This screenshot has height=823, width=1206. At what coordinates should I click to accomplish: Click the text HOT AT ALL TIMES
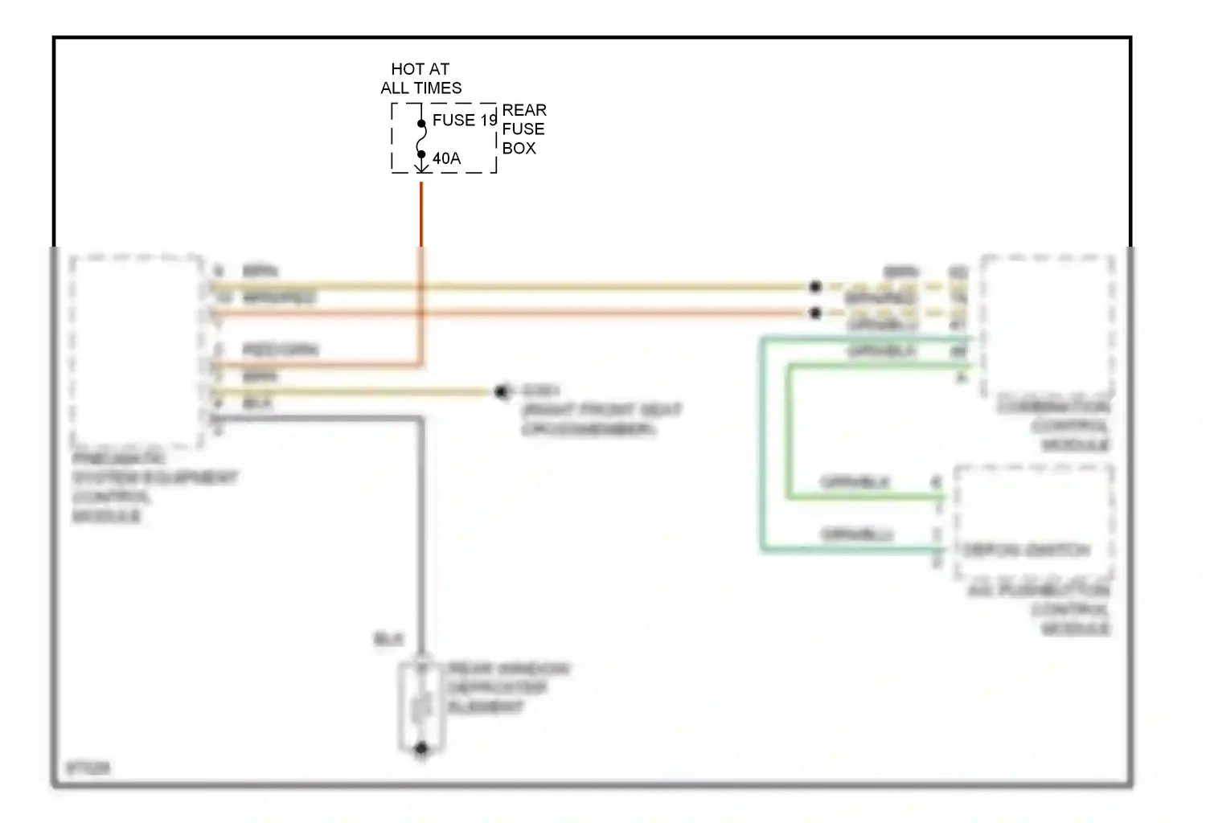(420, 79)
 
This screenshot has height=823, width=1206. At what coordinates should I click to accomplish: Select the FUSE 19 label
(464, 121)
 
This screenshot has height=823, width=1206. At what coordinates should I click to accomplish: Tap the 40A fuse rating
(446, 159)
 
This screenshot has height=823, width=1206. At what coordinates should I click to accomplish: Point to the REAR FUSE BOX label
(523, 129)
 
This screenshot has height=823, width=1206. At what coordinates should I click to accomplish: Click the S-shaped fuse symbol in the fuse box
(421, 139)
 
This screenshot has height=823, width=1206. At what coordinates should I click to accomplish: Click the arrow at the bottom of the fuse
(421, 166)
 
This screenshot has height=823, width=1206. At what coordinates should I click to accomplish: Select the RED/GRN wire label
(280, 350)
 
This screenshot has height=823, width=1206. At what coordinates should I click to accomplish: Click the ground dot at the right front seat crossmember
(503, 392)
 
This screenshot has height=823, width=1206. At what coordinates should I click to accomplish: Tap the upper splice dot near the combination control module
(815, 286)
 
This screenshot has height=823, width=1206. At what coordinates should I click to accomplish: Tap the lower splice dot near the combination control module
(815, 313)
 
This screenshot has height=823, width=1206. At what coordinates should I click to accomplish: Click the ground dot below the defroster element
(421, 749)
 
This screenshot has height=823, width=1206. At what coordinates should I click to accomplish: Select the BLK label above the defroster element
(388, 640)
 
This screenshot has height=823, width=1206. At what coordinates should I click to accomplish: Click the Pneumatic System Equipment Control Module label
(153, 487)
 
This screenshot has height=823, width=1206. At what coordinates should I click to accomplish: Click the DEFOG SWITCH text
(1026, 551)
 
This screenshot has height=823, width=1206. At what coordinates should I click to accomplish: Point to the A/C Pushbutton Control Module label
(1039, 609)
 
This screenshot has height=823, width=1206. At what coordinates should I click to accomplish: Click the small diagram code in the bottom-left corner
(88, 768)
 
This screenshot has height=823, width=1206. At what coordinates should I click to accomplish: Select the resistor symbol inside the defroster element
(421, 707)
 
